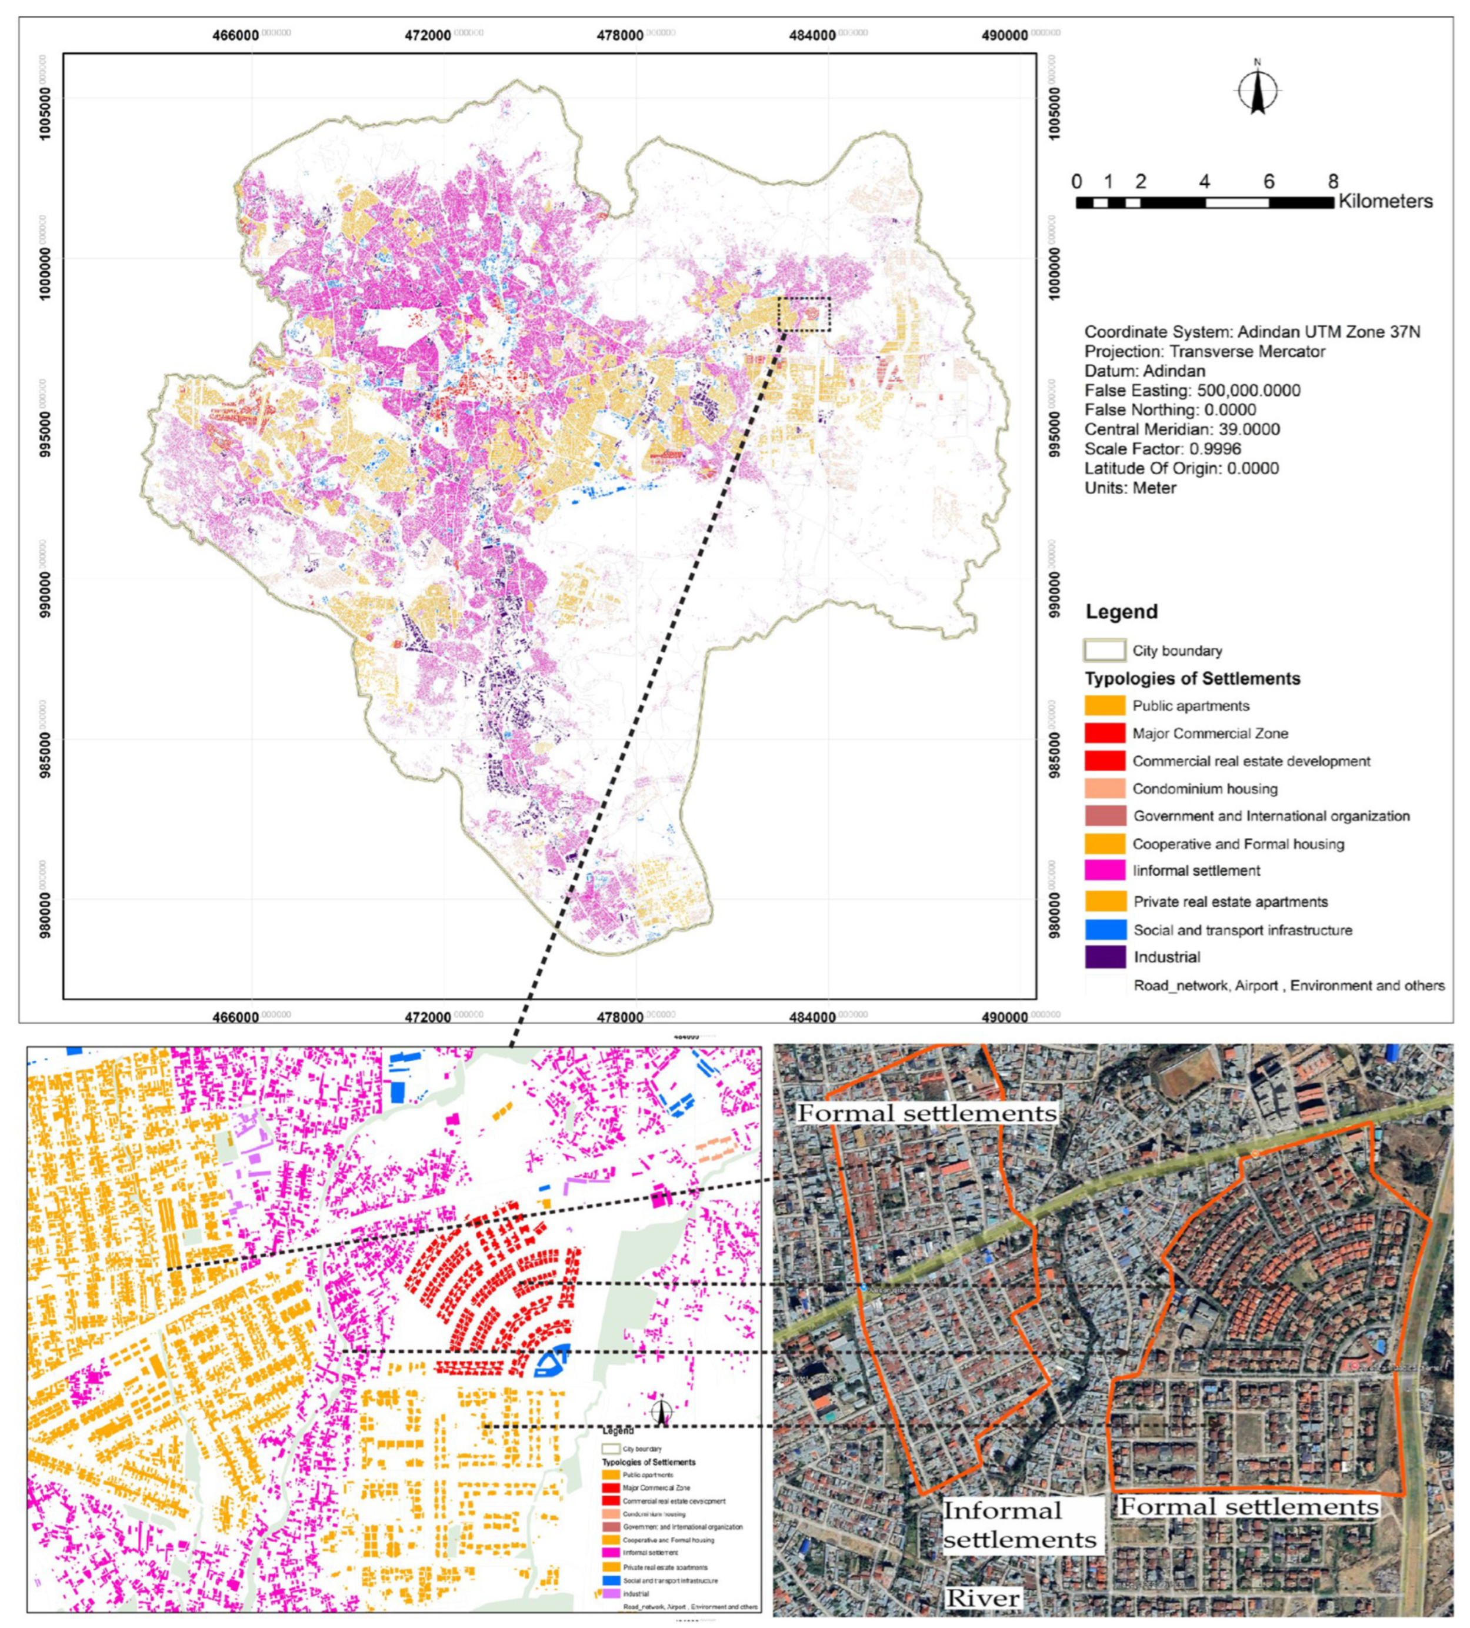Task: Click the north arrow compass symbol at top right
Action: point(1257,91)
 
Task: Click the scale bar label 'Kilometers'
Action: point(1385,201)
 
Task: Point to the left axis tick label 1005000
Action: point(47,110)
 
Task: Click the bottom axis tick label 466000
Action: point(236,1016)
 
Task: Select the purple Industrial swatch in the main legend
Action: point(1104,957)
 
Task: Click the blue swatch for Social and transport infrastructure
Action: point(1104,930)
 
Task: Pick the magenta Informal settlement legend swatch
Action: point(1104,871)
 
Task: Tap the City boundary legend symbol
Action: point(1104,651)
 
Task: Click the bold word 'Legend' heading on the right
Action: point(1121,611)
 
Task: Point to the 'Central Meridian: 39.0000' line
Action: point(1182,430)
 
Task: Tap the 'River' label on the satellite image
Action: point(982,1598)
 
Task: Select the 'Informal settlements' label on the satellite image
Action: point(1019,1524)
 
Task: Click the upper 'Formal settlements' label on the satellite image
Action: point(926,1114)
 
